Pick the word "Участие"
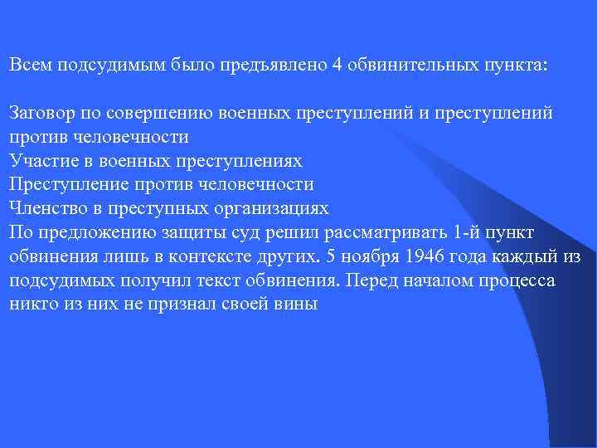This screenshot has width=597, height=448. tap(38, 160)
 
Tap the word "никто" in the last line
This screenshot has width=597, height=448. tap(31, 304)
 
